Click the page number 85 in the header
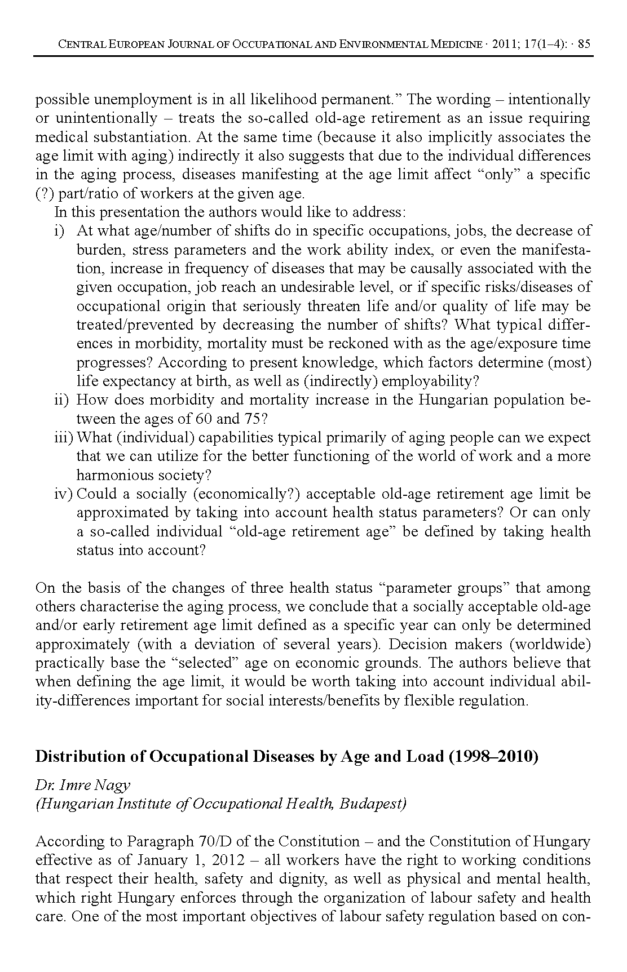tap(584, 45)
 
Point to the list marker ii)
tap(61, 400)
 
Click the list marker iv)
tap(63, 494)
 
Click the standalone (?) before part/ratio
tap(45, 194)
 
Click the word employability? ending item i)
tap(430, 381)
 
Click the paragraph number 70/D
tap(214, 842)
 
